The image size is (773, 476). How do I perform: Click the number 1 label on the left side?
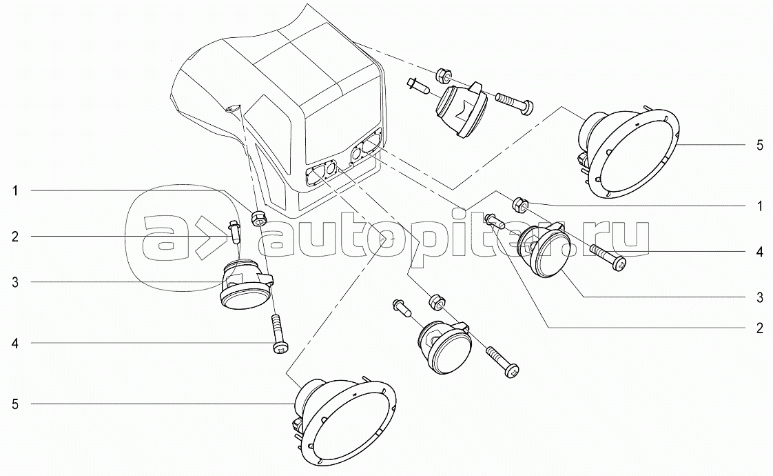(15, 190)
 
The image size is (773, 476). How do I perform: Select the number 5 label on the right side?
(760, 145)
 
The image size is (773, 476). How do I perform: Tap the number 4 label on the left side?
(15, 343)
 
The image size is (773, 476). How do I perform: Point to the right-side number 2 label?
(760, 328)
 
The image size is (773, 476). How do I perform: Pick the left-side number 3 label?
(15, 282)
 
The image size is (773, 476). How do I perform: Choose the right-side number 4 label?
(760, 252)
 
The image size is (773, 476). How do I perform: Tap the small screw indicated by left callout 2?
(235, 232)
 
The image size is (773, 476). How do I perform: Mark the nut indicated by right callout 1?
(521, 202)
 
